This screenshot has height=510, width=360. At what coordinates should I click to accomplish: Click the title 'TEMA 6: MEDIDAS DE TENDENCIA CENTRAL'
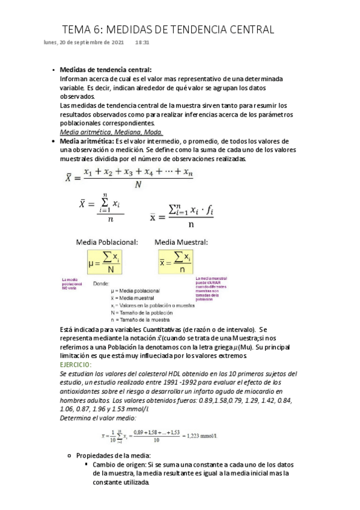pos(169,29)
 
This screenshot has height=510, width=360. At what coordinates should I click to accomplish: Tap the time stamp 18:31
pos(142,43)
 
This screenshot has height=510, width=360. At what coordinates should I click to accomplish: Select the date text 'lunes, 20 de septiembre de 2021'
pos(84,43)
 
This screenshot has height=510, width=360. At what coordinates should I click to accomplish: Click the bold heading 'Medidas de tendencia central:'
pos(106,70)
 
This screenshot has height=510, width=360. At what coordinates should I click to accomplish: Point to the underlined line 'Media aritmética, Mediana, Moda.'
pos(111,132)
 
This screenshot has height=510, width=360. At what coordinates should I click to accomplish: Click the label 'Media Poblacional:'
pos(106,242)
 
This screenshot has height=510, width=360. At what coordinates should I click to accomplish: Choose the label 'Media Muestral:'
pos(182,242)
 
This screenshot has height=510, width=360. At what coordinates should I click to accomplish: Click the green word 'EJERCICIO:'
pos(76,365)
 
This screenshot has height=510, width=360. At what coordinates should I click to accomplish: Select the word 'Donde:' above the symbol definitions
pos(101,283)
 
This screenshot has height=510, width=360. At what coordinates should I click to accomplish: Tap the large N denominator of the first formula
pos(138,185)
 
